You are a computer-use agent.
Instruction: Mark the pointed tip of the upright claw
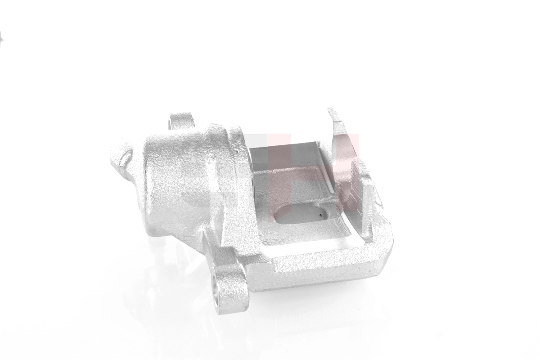(x=332, y=111)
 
